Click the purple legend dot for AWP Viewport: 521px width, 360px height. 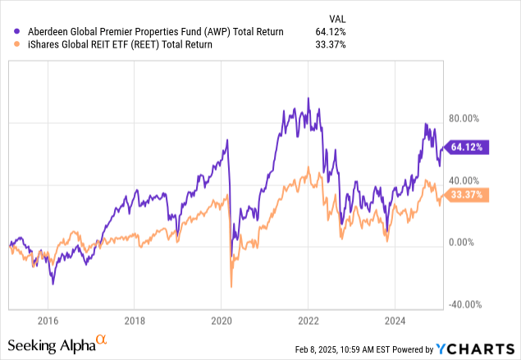point(9,31)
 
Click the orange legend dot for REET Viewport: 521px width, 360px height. point(9,45)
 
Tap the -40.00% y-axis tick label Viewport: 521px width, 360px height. point(464,304)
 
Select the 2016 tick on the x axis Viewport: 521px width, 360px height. point(48,321)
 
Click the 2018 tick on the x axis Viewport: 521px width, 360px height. point(135,321)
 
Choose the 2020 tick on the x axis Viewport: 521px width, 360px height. point(222,321)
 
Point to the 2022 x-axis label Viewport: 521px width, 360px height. point(308,321)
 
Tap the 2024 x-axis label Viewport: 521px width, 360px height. point(395,321)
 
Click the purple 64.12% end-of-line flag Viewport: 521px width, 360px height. point(467,148)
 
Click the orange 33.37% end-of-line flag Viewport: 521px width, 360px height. point(467,195)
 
